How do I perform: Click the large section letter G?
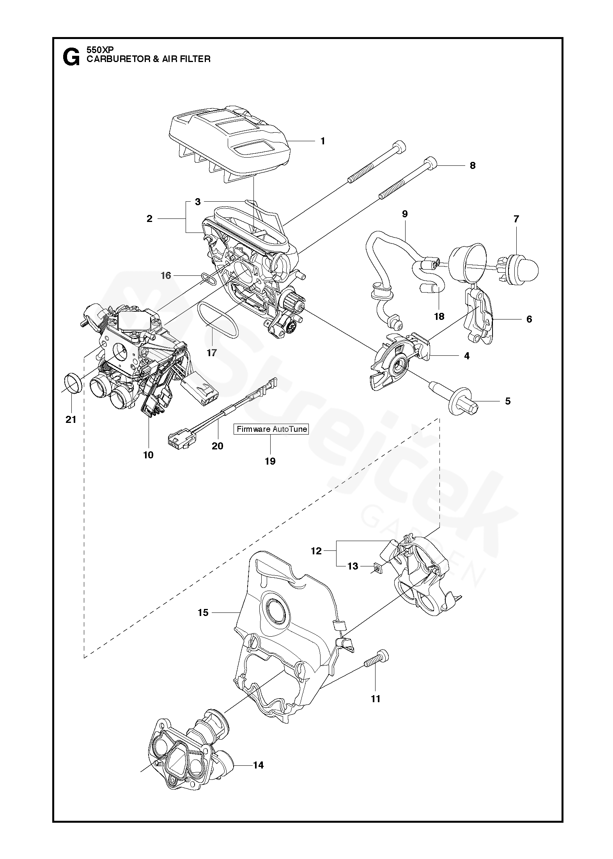click(71, 57)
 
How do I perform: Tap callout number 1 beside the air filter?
click(322, 141)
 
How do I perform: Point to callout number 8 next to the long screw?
click(473, 165)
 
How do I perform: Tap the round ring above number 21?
click(72, 383)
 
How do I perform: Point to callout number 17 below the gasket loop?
click(211, 353)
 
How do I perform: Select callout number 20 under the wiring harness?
click(217, 445)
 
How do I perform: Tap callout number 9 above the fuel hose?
click(405, 214)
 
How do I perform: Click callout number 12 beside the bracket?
click(316, 551)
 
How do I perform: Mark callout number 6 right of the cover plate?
click(529, 319)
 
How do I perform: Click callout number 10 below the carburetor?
click(148, 454)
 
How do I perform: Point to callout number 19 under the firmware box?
click(270, 461)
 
